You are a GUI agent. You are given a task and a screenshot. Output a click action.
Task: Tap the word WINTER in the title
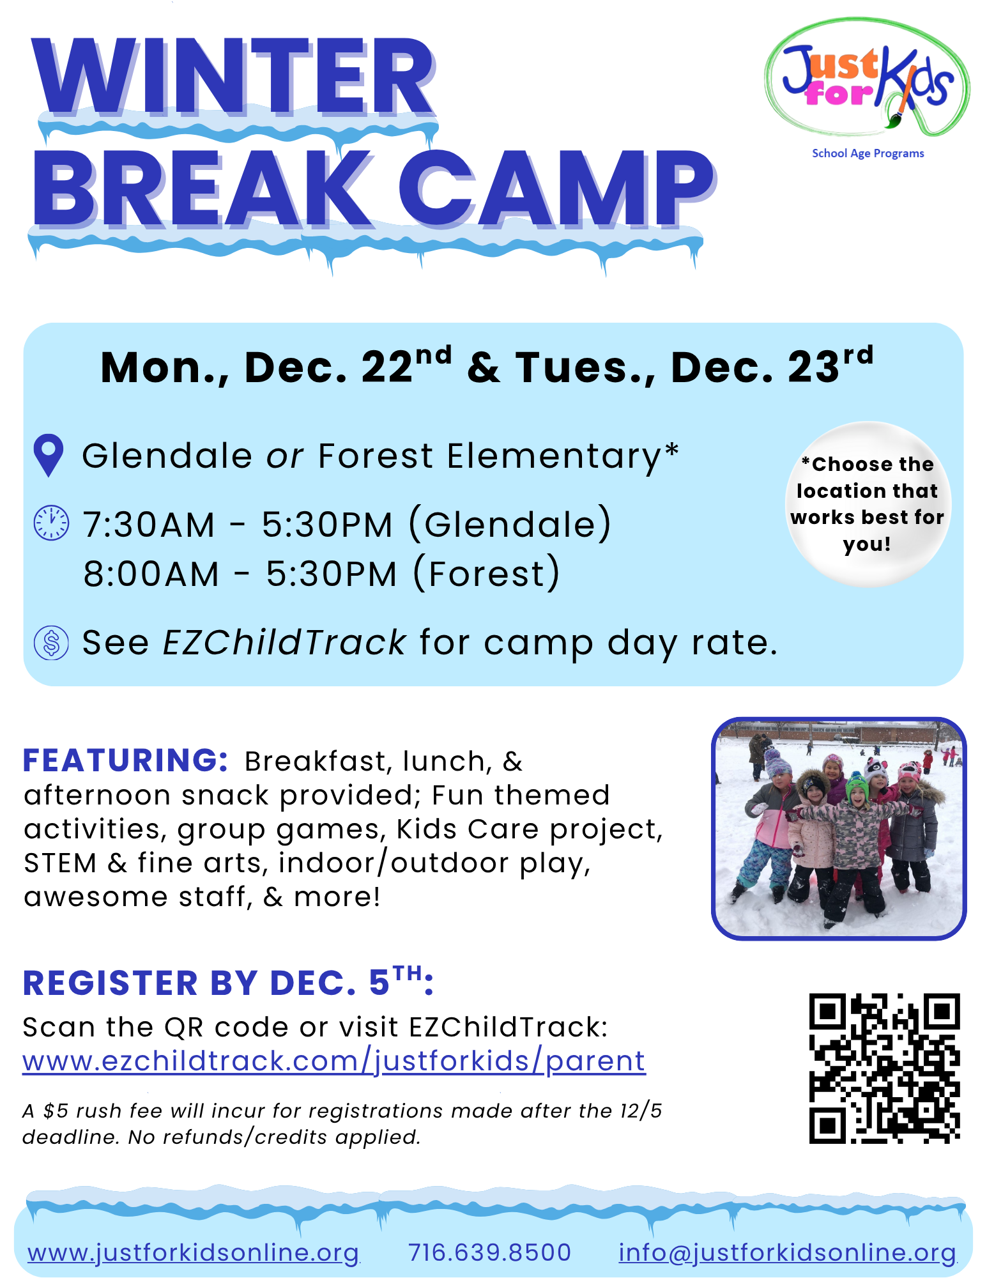[x=234, y=77]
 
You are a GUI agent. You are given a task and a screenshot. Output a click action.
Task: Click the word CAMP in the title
[x=556, y=189]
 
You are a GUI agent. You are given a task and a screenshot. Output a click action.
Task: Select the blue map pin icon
[x=49, y=456]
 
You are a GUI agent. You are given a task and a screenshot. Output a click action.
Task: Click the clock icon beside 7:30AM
[x=51, y=523]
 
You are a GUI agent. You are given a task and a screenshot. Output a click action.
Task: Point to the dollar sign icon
[x=51, y=642]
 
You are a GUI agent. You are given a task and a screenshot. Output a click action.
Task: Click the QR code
[x=885, y=1068]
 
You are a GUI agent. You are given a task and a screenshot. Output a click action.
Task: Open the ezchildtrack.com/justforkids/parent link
[x=334, y=1061]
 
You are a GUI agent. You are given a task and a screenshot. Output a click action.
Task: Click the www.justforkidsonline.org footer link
[x=193, y=1252]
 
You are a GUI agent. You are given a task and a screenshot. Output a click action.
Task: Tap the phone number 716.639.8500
[x=489, y=1252]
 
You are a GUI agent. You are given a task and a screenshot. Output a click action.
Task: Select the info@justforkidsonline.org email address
[x=788, y=1252]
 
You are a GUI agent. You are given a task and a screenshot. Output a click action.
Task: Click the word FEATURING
[x=125, y=760]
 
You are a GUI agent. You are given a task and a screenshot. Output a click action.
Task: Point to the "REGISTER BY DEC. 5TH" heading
[x=228, y=982]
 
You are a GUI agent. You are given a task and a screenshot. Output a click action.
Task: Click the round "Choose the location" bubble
[x=868, y=504]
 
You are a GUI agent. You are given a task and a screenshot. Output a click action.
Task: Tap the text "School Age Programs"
[x=868, y=153]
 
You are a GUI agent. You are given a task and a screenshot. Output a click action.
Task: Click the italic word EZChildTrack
[x=285, y=642]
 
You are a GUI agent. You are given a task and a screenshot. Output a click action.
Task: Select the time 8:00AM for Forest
[x=151, y=574]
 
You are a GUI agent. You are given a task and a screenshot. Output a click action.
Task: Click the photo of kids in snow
[x=839, y=828]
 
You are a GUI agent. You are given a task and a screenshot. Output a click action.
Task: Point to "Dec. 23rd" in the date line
[x=772, y=366]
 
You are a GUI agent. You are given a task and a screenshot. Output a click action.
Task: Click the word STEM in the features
[x=60, y=863]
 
